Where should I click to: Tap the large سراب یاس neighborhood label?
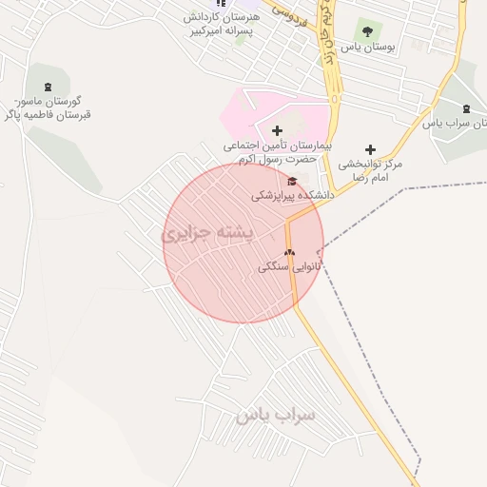pos(276,416)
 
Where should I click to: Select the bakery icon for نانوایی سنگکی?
pos(290,253)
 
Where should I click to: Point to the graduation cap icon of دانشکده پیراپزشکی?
pos(292,181)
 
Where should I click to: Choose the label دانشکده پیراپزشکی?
pos(293,194)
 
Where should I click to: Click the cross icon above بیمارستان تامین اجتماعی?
pos(277,130)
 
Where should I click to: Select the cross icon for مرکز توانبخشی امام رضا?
pos(370,149)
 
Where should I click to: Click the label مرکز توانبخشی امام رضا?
pos(370,170)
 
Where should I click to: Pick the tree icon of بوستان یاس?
pos(364,29)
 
